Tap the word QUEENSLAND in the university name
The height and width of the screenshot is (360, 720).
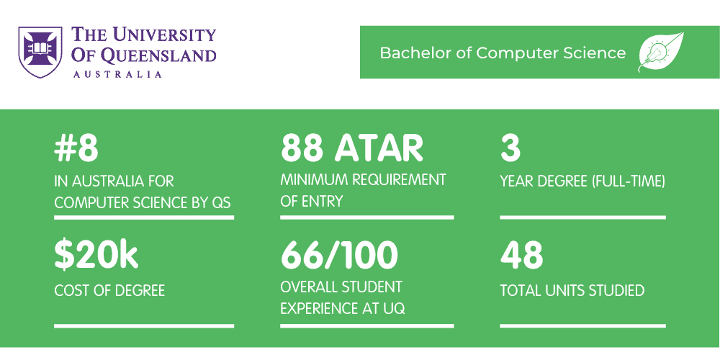[x=158, y=55]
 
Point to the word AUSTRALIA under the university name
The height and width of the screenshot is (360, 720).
[x=117, y=73]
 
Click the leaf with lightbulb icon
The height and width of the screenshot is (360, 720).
[x=660, y=53]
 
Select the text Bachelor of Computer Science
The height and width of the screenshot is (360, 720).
[x=503, y=53]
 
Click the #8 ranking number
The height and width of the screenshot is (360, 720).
[x=76, y=149]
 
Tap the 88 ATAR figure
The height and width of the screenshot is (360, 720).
[x=351, y=149]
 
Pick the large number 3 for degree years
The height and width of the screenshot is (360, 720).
[x=510, y=149]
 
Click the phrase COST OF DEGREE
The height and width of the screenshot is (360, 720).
[x=109, y=291]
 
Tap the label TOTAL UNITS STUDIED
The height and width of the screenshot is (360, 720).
[x=572, y=291]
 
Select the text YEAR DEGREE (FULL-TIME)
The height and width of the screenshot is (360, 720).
[x=582, y=181]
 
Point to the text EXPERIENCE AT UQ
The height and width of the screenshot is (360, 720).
[x=343, y=309]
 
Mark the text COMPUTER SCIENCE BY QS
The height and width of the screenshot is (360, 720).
[x=143, y=202]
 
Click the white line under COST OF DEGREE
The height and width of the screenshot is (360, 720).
[x=144, y=325]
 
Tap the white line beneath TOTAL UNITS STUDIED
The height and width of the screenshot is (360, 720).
[x=582, y=325]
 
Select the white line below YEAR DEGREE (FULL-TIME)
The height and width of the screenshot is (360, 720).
[x=582, y=217]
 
